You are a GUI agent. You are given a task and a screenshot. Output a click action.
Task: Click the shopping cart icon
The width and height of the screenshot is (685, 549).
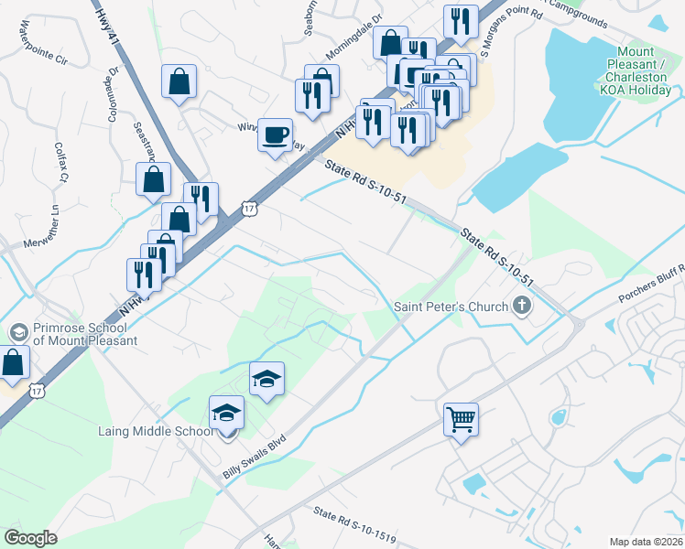[462, 420]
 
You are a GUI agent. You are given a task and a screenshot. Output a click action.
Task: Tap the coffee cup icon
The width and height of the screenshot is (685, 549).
[275, 135]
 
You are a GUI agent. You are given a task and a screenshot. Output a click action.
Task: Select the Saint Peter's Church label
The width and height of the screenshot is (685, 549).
[451, 307]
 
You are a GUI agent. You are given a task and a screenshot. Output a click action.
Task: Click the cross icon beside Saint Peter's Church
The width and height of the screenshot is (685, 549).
[522, 306]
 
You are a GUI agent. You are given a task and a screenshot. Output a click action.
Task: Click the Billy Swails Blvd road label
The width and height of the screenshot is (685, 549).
[255, 457]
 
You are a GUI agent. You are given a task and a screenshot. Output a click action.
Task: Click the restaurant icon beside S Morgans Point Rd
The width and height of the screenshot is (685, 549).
[460, 22]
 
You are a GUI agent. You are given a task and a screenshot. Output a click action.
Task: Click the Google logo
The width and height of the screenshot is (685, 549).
[31, 538]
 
